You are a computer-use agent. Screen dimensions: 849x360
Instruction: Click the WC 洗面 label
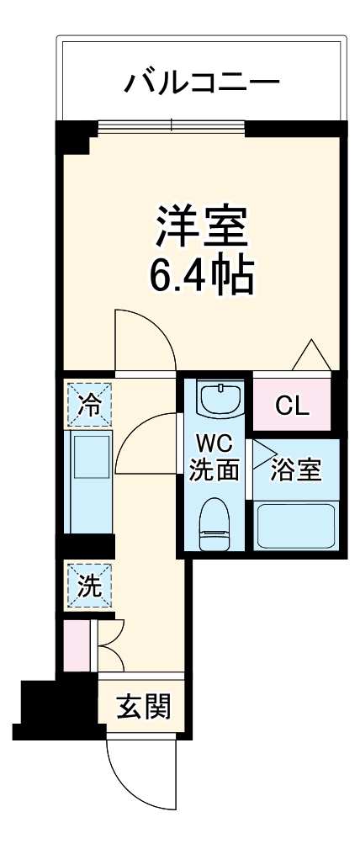pos(214,458)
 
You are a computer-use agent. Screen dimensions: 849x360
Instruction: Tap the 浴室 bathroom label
pos(295,470)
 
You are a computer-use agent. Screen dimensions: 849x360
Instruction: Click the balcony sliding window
pos(172,127)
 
